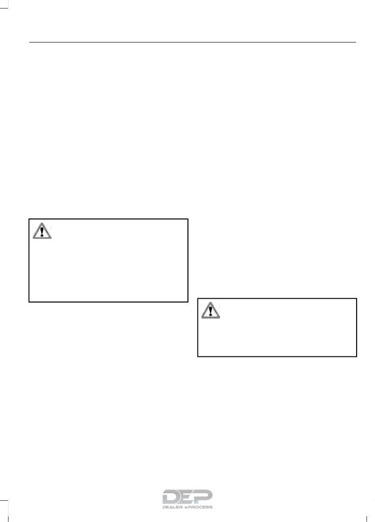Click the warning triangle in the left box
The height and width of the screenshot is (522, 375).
[42, 231]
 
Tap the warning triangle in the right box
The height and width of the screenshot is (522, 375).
[210, 310]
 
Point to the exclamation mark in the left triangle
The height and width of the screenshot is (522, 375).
[42, 232]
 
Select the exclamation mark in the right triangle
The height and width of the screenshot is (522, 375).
[210, 311]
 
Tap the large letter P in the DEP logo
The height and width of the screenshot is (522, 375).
[204, 496]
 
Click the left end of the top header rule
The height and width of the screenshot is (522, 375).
[29, 42]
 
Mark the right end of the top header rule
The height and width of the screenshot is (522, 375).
[356, 42]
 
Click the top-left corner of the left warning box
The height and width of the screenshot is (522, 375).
[29, 219]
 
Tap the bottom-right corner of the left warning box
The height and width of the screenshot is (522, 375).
[188, 302]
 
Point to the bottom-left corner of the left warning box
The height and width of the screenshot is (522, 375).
[29, 302]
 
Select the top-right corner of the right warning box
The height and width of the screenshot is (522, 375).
[356, 298]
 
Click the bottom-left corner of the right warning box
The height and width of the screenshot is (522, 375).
[197, 356]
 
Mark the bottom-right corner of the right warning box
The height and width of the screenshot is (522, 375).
[356, 356]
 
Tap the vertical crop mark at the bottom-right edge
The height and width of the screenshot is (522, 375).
[367, 515]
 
